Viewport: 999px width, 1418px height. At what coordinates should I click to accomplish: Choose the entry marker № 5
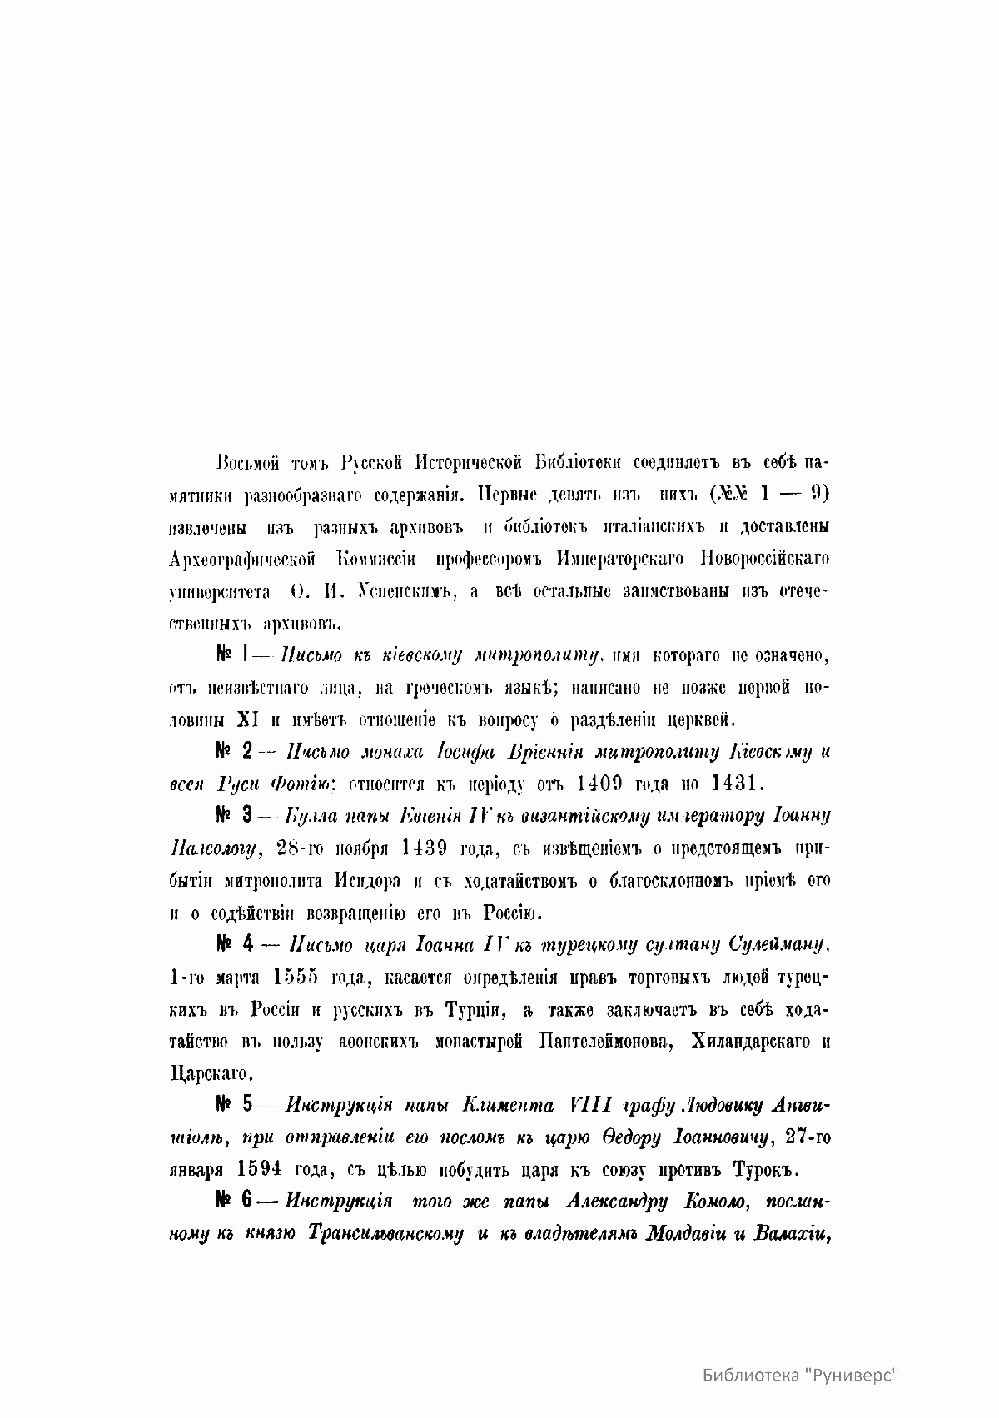(x=234, y=1105)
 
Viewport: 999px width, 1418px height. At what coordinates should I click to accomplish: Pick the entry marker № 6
(x=234, y=1202)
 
